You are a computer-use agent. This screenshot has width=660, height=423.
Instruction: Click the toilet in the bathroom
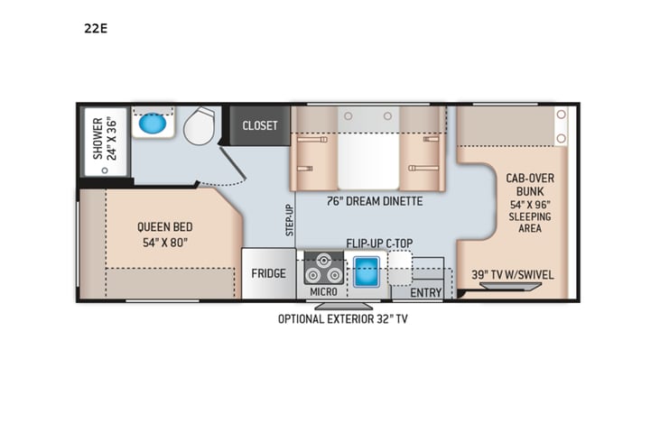pyautogui.click(x=200, y=125)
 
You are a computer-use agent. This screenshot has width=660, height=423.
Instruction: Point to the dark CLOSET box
pyautogui.click(x=260, y=125)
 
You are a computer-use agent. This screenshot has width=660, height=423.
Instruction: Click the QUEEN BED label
pyautogui.click(x=164, y=227)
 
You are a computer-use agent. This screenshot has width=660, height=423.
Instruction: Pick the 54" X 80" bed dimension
pyautogui.click(x=164, y=243)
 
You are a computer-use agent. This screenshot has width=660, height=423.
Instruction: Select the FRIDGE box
pyautogui.click(x=268, y=273)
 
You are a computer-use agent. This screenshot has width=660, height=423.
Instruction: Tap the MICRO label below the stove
pyautogui.click(x=323, y=292)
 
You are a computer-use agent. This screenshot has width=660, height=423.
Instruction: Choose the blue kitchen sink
pyautogui.click(x=366, y=269)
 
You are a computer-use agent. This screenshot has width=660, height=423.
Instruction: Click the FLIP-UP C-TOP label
pyautogui.click(x=380, y=244)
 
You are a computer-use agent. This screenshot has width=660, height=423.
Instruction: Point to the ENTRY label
pyautogui.click(x=425, y=292)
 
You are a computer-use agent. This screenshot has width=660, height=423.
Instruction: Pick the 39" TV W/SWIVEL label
pyautogui.click(x=512, y=273)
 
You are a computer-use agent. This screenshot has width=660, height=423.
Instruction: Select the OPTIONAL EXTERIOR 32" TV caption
pyautogui.click(x=348, y=318)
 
